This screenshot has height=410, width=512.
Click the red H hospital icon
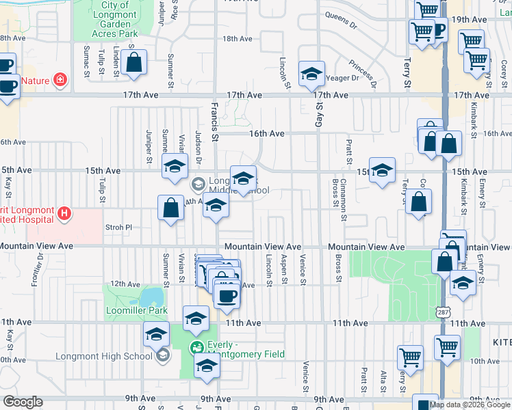click(64, 214)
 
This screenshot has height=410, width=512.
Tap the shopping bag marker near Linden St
click(135, 62)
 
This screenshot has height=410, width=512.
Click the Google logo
click(22, 402)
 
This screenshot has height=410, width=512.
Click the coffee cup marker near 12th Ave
click(227, 296)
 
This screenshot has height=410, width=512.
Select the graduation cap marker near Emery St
click(463, 282)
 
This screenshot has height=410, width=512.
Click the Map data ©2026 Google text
click(469, 404)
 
